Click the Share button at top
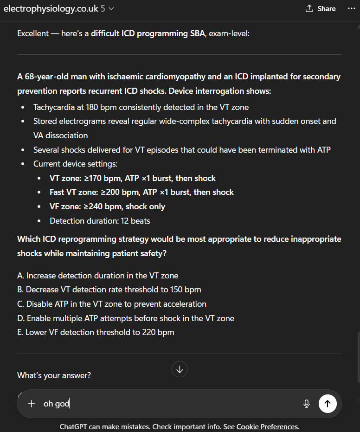[x=321, y=9]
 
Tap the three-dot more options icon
[x=351, y=9]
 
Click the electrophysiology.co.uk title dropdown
[x=58, y=9]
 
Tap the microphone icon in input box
[x=306, y=404]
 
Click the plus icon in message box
[x=32, y=404]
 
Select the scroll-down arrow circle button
[x=180, y=369]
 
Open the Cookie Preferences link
[x=267, y=426]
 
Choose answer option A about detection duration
[x=97, y=276]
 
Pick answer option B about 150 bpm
[x=109, y=290]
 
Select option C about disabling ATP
[x=112, y=304]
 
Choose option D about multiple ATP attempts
[x=126, y=318]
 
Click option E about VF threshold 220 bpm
[x=96, y=332]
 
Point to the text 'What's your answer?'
[x=54, y=375]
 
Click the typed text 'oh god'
[x=56, y=404]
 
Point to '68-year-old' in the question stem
[x=46, y=77]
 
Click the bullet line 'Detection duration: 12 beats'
[x=100, y=221]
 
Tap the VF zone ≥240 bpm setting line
[x=107, y=206]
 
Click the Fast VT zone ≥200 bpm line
[x=141, y=192]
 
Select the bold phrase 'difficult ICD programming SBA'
[x=148, y=34]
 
